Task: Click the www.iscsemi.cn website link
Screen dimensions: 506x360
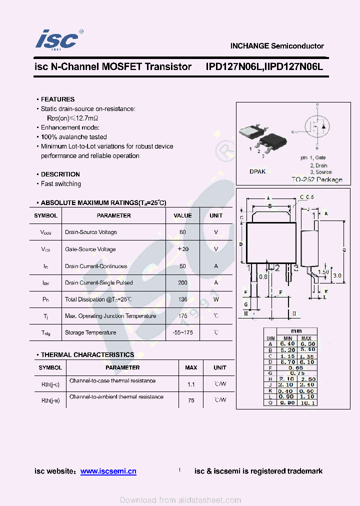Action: [x=108, y=471]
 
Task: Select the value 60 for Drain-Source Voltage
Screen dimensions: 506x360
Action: [x=182, y=232]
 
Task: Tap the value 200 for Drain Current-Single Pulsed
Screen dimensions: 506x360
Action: [x=182, y=282]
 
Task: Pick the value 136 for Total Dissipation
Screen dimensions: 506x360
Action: [x=182, y=299]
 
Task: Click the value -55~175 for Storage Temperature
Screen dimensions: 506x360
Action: [x=182, y=332]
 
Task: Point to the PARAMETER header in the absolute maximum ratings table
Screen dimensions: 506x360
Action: [x=114, y=215]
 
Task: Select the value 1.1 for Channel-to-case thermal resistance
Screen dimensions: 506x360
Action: [x=191, y=384]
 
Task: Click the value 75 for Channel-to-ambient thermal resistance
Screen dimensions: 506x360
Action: [x=191, y=400]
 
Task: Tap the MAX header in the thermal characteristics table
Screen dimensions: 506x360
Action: [x=191, y=367]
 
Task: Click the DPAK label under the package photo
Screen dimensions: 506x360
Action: [x=257, y=171]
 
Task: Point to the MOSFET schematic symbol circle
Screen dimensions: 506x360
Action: [x=317, y=126]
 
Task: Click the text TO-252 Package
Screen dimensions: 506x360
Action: [x=317, y=179]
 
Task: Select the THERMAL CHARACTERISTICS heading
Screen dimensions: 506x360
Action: [x=87, y=354]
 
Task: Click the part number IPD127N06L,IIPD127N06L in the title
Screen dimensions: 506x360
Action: [x=264, y=66]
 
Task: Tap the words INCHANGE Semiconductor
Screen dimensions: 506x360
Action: [x=277, y=46]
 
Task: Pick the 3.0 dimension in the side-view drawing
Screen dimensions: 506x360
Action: [x=337, y=275]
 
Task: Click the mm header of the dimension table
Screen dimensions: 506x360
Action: [x=296, y=331]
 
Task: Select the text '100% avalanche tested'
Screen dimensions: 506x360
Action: [x=73, y=137]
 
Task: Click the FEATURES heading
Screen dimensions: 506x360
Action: [x=57, y=99]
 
